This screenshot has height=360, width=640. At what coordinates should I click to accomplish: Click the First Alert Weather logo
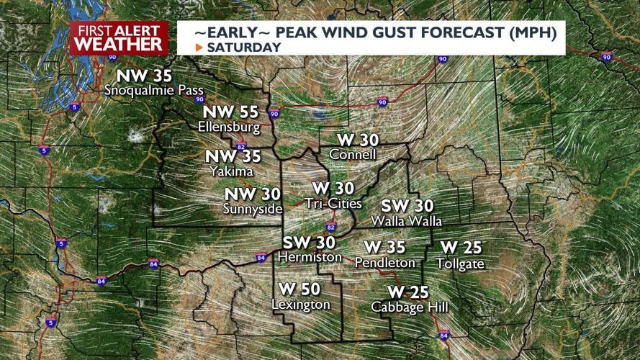pyautogui.click(x=119, y=37)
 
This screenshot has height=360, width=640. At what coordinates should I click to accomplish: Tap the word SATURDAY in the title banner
pyautogui.click(x=243, y=48)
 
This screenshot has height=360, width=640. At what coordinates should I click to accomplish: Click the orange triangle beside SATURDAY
pyautogui.click(x=199, y=48)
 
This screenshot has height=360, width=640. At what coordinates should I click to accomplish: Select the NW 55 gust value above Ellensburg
pyautogui.click(x=230, y=112)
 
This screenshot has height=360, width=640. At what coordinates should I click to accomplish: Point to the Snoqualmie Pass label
pyautogui.click(x=154, y=91)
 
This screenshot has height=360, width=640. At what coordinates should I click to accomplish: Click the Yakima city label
pyautogui.click(x=231, y=171)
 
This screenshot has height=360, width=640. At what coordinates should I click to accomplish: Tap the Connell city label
pyautogui.click(x=353, y=155)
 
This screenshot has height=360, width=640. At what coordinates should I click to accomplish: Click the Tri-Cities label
pyautogui.click(x=333, y=204)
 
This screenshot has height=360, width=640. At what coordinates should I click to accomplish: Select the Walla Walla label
pyautogui.click(x=406, y=221)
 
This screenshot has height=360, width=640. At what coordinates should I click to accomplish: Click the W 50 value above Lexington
pyautogui.click(x=299, y=289)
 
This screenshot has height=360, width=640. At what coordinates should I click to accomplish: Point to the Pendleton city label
pyautogui.click(x=385, y=263)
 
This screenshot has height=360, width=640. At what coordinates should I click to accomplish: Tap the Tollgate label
pyautogui.click(x=461, y=264)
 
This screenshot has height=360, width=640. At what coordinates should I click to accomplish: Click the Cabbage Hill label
pyautogui.click(x=410, y=307)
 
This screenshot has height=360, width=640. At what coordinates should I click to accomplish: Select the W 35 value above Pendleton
pyautogui.click(x=385, y=248)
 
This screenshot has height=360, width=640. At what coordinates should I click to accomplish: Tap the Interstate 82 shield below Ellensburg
pyautogui.click(x=241, y=145)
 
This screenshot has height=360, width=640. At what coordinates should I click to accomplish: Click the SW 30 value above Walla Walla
pyautogui.click(x=407, y=206)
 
